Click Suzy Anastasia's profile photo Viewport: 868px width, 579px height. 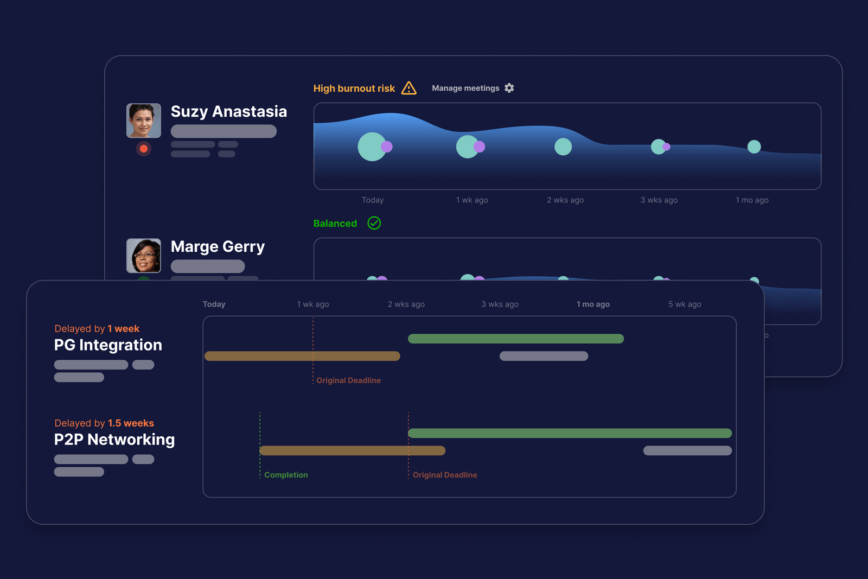(143, 120)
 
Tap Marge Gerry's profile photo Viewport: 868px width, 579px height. (143, 256)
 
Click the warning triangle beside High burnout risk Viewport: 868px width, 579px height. (409, 88)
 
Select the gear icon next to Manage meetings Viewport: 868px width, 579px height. (509, 88)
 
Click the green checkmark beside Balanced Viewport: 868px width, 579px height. (374, 223)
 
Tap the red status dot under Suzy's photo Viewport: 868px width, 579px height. (143, 149)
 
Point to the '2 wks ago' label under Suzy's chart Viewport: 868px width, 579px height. (565, 200)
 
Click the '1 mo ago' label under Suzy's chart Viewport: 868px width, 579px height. (752, 200)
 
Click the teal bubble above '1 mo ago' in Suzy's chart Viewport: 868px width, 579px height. (754, 147)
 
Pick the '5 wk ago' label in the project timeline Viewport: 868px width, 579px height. (685, 304)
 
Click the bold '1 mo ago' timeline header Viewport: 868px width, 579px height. (593, 304)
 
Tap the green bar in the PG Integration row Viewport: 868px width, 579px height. (516, 339)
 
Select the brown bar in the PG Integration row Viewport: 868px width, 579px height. (302, 356)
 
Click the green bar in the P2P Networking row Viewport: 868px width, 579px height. (570, 433)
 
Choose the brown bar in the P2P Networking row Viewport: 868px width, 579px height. (352, 450)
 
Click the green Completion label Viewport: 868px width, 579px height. (286, 475)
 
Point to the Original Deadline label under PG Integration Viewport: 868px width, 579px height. (348, 380)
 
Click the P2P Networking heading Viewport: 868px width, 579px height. (114, 440)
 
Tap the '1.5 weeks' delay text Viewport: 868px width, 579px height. (131, 423)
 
